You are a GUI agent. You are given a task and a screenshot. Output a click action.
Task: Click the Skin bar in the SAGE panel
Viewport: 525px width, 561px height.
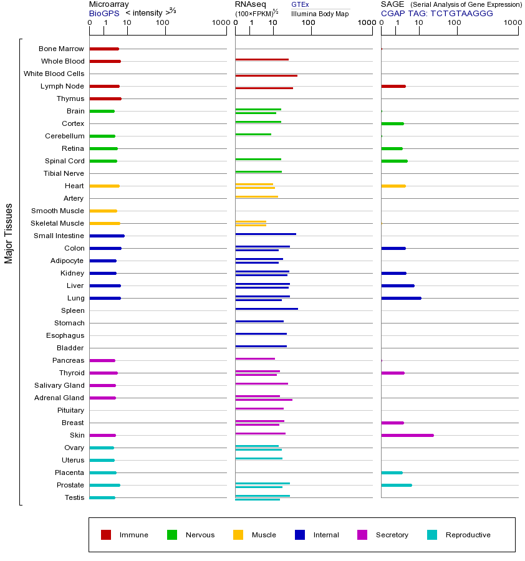[x=407, y=435]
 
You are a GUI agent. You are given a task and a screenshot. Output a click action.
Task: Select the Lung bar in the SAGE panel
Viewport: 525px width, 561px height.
[x=401, y=298]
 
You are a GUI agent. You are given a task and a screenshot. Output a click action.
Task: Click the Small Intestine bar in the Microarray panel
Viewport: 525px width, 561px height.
[x=107, y=236]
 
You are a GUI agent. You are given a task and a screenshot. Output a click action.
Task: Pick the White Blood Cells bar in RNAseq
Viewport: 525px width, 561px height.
[x=266, y=75]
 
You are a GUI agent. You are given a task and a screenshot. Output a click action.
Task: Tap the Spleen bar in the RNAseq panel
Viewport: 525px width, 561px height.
[x=266, y=309]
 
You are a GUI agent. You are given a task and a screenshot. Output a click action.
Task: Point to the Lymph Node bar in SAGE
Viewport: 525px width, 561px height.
[x=393, y=86]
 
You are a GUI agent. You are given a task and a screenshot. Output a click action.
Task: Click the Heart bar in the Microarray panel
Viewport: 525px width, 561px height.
[x=104, y=186]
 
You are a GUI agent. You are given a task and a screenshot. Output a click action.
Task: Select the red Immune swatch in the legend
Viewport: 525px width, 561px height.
[x=106, y=535]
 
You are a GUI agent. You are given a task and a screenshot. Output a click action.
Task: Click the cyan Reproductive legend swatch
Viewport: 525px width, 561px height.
[x=432, y=535]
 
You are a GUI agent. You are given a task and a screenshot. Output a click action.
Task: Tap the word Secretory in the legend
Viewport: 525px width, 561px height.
[x=392, y=535]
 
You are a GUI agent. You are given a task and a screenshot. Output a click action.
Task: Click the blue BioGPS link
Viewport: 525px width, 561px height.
[x=104, y=13]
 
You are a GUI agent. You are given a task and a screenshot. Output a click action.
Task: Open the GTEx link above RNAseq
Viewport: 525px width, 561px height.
[x=300, y=5]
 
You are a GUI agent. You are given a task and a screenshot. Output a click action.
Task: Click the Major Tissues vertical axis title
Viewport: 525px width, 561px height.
[x=9, y=233]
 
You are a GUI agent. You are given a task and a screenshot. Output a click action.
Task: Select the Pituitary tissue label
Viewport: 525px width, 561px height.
[x=70, y=410]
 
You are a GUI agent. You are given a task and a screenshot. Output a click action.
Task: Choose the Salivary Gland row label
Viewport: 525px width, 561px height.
[x=59, y=385]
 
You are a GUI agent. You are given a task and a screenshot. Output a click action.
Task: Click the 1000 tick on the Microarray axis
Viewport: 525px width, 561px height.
[x=219, y=22]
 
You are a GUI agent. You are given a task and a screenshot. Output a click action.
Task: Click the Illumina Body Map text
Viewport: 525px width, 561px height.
[x=320, y=14]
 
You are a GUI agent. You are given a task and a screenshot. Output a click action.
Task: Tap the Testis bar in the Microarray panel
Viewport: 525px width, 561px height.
[x=102, y=497]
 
